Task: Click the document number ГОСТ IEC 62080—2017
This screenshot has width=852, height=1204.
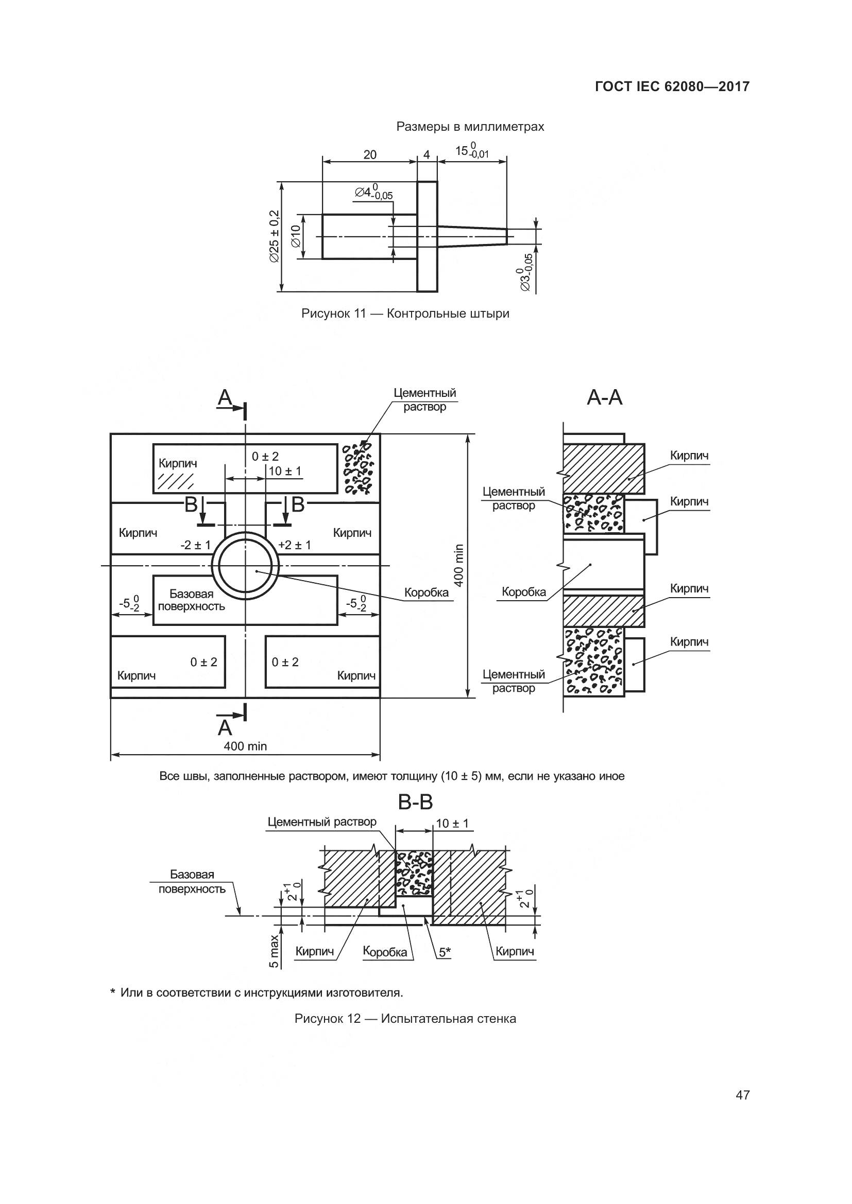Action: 672,86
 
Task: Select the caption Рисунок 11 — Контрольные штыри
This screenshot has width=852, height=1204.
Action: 405,313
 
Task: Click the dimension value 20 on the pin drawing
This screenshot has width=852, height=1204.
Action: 370,154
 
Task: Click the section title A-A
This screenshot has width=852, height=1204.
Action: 604,397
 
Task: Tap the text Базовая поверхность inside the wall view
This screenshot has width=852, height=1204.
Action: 192,600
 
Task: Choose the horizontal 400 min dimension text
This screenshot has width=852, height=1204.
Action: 245,746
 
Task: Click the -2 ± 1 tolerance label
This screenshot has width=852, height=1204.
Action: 195,545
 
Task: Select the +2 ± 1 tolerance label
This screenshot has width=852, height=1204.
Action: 295,545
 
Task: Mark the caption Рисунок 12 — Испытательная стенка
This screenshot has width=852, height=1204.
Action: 405,1019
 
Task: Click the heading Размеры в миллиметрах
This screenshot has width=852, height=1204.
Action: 470,127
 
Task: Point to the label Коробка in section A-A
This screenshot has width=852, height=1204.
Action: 523,592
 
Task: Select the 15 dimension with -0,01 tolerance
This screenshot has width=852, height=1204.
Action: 471,151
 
